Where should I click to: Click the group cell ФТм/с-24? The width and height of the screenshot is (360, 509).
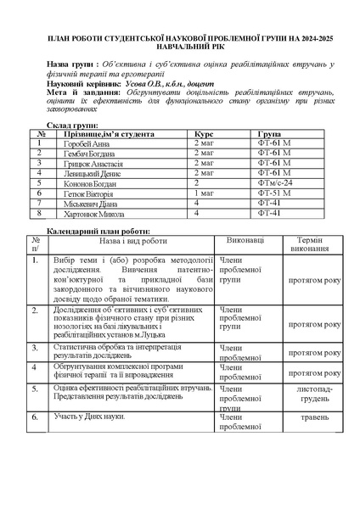[274, 183]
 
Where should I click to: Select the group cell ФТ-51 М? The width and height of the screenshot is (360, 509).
[273, 193]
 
